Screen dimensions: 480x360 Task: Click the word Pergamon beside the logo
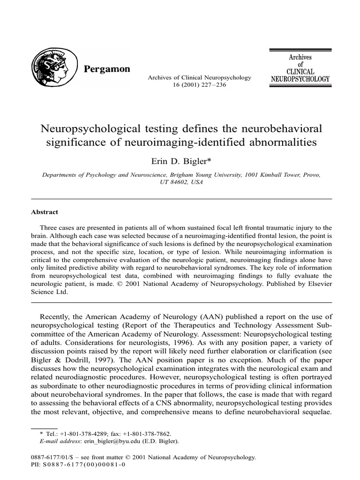coord(106,69)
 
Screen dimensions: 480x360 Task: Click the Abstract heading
coord(45,212)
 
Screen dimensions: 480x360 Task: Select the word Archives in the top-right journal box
coord(300,57)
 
